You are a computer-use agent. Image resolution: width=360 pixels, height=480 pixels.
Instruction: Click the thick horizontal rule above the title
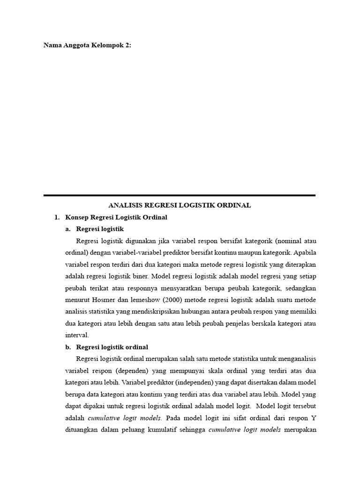180,195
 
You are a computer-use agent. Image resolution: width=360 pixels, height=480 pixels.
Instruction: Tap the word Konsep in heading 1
75,217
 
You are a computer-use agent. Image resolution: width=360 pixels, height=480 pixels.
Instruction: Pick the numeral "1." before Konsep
57,217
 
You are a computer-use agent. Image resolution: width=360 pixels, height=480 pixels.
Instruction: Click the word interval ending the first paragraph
76,335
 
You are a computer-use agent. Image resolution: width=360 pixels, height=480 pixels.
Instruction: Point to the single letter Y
314,418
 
